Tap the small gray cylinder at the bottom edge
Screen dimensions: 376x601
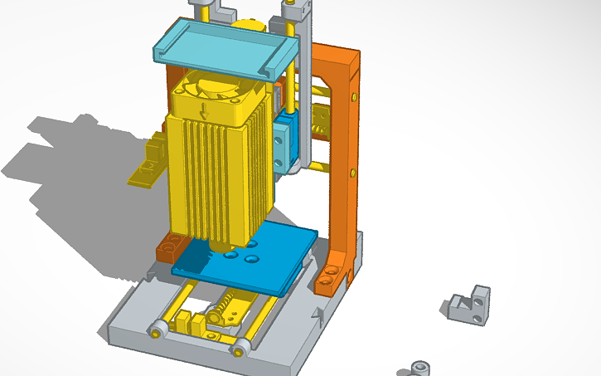click(421, 368)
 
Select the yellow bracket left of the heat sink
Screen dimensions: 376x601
click(151, 162)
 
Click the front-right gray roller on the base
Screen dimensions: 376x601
click(240, 347)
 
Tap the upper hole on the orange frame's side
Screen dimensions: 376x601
click(355, 98)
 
